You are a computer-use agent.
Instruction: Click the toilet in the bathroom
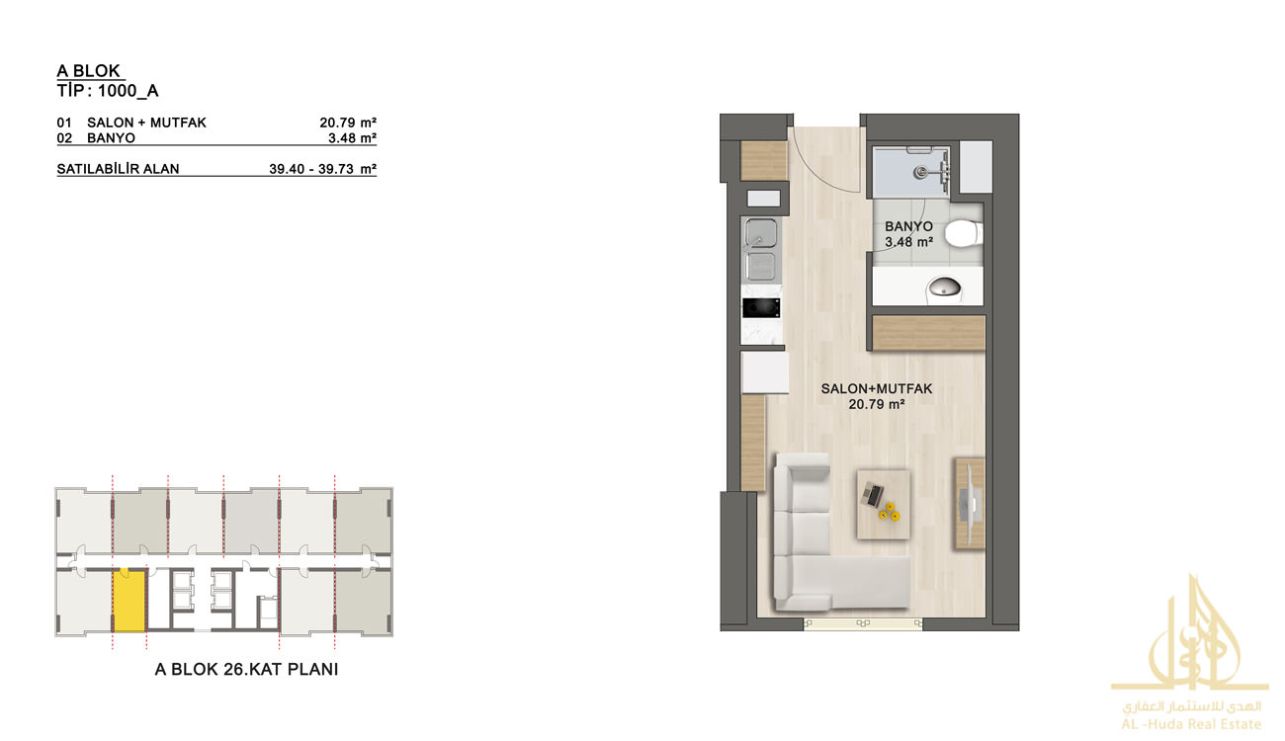pyautogui.click(x=964, y=233)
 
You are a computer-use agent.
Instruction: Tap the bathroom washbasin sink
pyautogui.click(x=945, y=287)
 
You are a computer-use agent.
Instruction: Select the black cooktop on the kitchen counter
pyautogui.click(x=761, y=308)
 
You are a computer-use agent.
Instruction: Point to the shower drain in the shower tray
pyautogui.click(x=920, y=170)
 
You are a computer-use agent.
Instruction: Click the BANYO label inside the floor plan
pyautogui.click(x=908, y=226)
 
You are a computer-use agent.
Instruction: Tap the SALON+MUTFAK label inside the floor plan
pyautogui.click(x=877, y=389)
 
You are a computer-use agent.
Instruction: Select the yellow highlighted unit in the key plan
pyautogui.click(x=129, y=601)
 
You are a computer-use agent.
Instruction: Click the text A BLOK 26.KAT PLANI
pyautogui.click(x=247, y=669)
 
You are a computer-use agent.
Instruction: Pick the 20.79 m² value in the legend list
pyautogui.click(x=348, y=123)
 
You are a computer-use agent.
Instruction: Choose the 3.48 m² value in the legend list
pyautogui.click(x=352, y=137)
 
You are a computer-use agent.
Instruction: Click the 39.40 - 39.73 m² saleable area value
pyautogui.click(x=322, y=169)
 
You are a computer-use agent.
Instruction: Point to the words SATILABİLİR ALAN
pyautogui.click(x=119, y=169)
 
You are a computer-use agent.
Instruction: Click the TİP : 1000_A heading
pyautogui.click(x=108, y=91)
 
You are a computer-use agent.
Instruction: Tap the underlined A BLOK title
pyautogui.click(x=88, y=70)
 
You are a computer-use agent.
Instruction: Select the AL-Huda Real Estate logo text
pyautogui.click(x=1191, y=724)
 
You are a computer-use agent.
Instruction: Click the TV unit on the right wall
pyautogui.click(x=970, y=504)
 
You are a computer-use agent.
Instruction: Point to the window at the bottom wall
pyautogui.click(x=863, y=624)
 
